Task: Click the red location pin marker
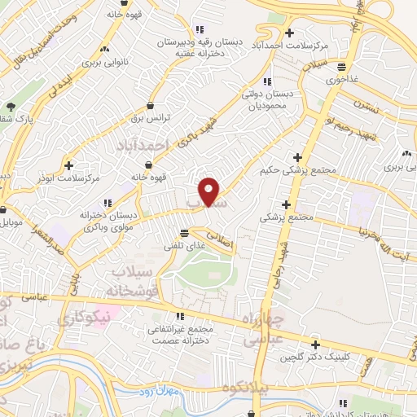[x=210, y=191]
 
